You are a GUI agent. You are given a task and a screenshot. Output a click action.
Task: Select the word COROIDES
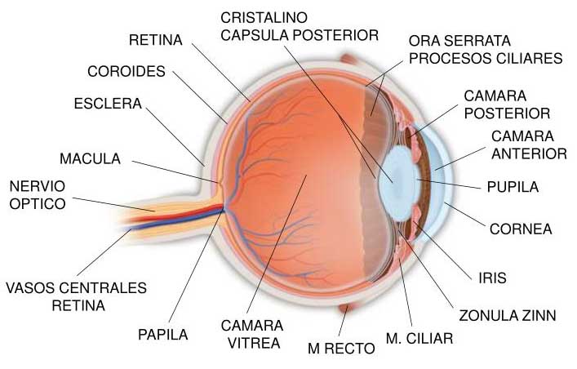point(126,71)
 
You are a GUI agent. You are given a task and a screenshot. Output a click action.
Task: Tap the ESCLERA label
point(108,104)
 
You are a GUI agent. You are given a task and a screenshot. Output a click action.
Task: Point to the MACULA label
point(90,158)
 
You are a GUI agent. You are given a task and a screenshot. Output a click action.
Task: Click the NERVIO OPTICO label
point(37,193)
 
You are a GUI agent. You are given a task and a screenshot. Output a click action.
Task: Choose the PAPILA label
point(162,334)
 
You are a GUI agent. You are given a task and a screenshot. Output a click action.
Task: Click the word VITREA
point(254,343)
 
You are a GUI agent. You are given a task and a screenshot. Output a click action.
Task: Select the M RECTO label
point(341,349)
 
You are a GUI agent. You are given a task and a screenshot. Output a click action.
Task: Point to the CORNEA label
point(521,229)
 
